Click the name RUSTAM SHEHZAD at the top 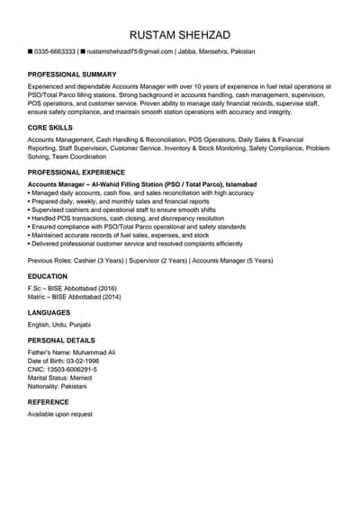tap(180, 35)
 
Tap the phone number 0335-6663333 tap(55, 53)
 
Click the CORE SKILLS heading tap(51, 129)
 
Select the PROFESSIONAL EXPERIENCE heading tap(76, 172)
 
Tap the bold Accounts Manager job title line tap(142, 183)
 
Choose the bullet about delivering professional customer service tap(137, 243)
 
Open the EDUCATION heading tap(48, 276)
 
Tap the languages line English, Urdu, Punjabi tap(59, 324)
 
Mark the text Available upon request tap(60, 414)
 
